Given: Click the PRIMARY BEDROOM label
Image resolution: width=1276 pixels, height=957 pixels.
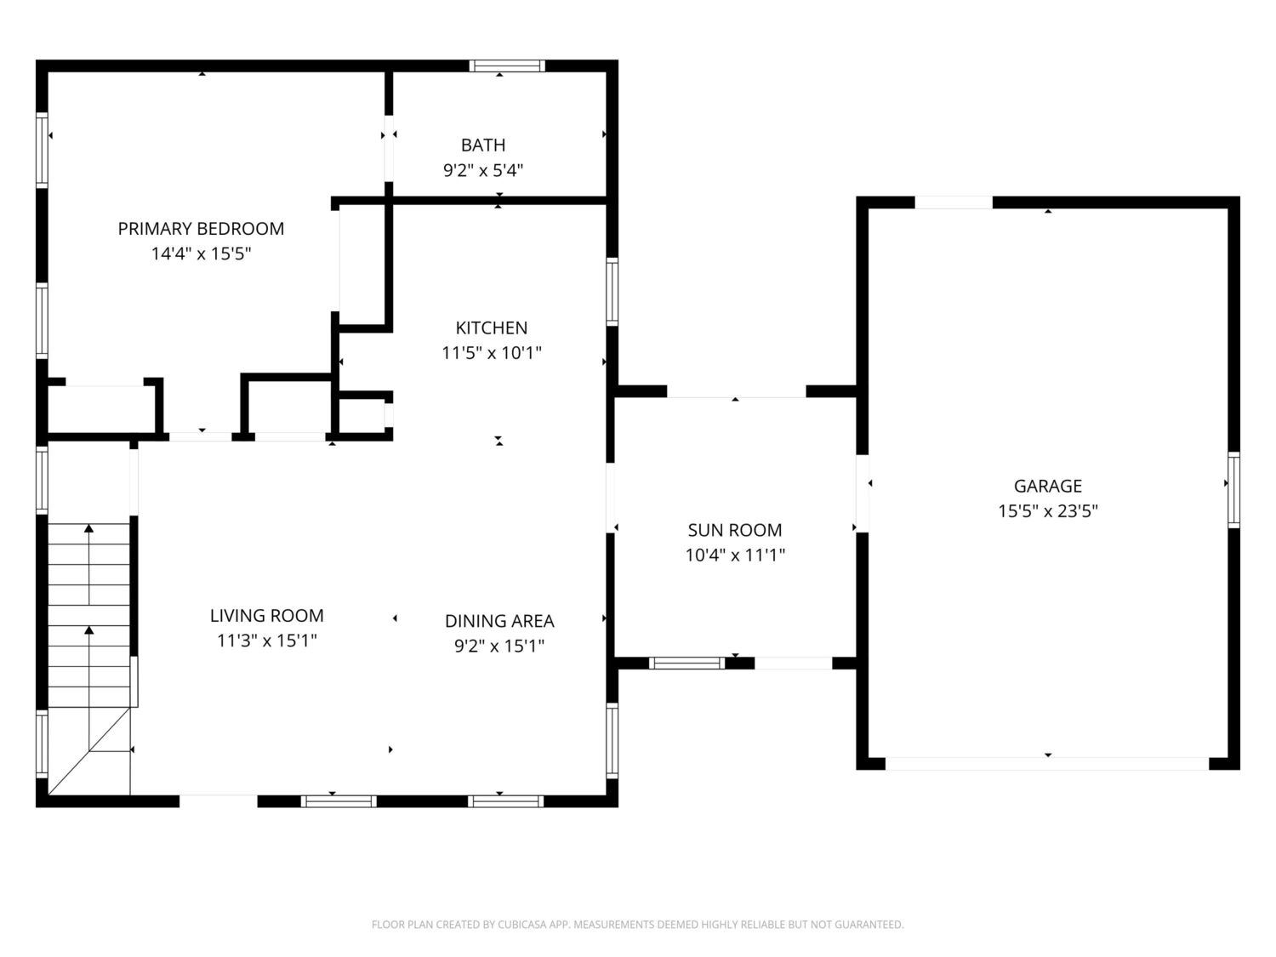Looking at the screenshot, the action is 201,229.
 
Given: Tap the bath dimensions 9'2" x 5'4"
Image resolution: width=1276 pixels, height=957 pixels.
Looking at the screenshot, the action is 483,170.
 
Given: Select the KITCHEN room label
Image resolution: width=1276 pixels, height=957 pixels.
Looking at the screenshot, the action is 492,328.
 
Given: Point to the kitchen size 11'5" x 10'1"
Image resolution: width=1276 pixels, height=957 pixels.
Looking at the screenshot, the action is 492,353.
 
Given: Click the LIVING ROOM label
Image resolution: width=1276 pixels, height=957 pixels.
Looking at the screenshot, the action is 267,615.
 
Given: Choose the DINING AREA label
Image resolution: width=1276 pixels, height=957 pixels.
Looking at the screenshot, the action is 499,621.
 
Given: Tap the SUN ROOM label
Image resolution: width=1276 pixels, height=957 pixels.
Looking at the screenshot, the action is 735,530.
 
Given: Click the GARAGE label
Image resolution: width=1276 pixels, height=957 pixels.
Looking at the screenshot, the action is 1048,486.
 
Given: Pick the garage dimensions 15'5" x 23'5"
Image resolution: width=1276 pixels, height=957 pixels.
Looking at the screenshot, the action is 1048,510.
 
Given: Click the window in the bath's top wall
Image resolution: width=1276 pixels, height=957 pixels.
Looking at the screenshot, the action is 507,66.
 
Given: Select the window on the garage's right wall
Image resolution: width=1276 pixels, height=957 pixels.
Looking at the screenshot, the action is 1233,490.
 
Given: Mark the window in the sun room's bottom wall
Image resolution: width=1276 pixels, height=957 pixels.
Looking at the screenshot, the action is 686,663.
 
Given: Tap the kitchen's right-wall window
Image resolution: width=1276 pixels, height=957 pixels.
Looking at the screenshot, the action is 612,292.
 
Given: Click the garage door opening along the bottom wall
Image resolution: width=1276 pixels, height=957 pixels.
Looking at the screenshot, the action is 1047,764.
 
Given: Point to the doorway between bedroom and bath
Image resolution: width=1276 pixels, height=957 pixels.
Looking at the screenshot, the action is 389,149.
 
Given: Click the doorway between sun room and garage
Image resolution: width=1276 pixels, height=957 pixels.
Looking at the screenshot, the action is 863,493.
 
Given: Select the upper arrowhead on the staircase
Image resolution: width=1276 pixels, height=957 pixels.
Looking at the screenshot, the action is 89,528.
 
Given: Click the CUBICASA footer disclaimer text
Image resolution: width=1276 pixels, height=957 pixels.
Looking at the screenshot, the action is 638,925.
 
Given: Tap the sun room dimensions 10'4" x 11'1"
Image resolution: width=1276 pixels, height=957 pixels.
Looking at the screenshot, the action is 735,555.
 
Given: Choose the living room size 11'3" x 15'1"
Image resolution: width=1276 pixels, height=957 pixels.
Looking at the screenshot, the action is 267,641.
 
